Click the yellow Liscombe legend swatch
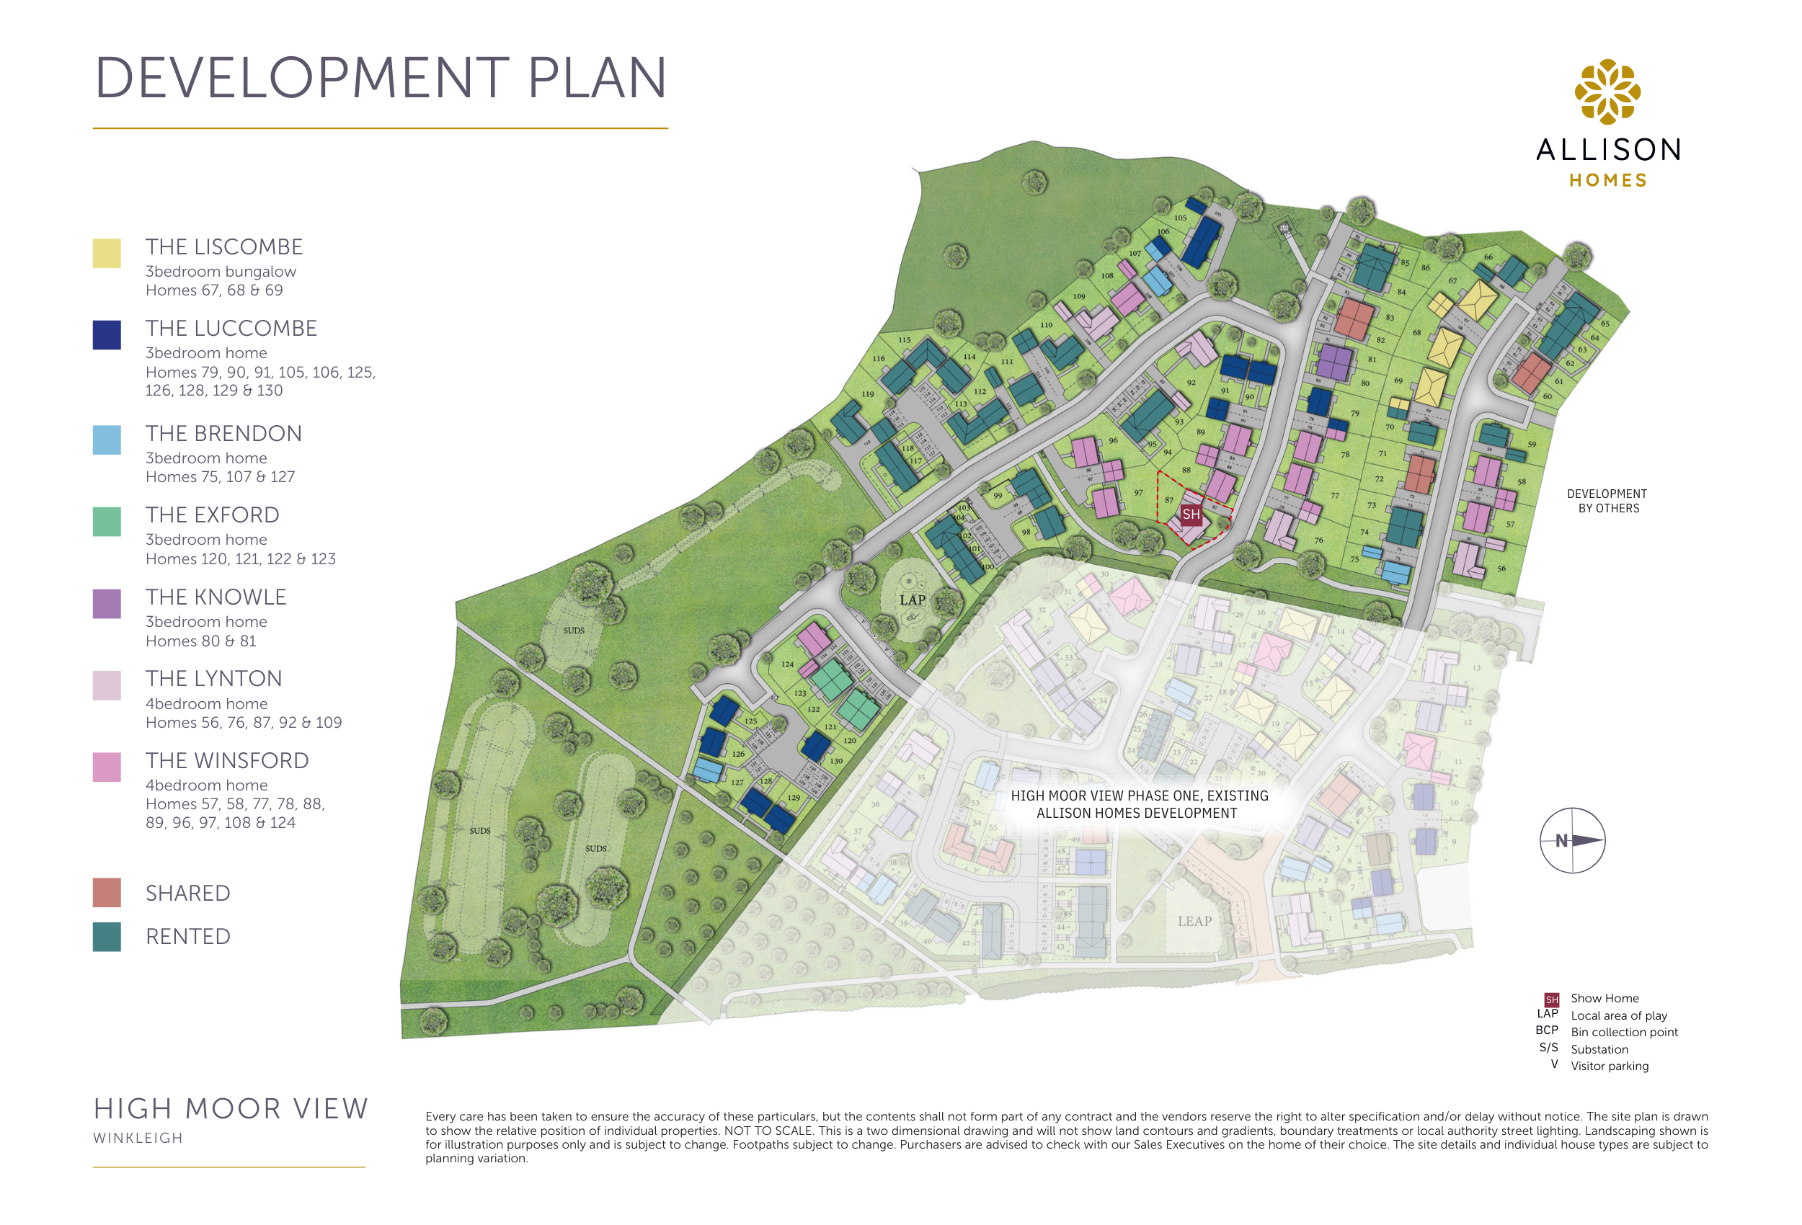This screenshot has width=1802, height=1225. point(106,254)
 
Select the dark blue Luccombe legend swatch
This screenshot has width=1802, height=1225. point(106,335)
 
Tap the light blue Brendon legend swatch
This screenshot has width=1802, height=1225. point(106,440)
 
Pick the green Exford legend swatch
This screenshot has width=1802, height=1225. point(106,522)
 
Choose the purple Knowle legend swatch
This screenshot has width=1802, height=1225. point(106,604)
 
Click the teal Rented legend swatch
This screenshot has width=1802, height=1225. point(106,937)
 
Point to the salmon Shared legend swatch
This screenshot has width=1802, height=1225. point(106,892)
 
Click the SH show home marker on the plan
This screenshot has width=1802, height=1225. point(1191,514)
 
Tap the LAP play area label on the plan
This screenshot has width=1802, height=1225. point(913,600)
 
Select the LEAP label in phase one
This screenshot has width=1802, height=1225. point(1194,921)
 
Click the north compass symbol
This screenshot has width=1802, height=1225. point(1572,840)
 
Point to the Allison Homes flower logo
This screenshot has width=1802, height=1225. point(1607,92)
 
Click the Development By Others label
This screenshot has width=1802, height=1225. point(1607,501)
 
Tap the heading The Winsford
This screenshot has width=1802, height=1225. point(227,761)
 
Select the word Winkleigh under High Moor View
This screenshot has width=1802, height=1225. point(138,1138)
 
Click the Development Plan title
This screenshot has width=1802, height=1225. point(380,79)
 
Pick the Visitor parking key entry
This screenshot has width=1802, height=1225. point(1609,1066)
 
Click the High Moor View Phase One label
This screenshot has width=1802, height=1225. point(1138,804)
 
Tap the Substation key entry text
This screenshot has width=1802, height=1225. point(1599,1049)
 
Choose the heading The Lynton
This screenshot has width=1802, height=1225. point(214,678)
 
